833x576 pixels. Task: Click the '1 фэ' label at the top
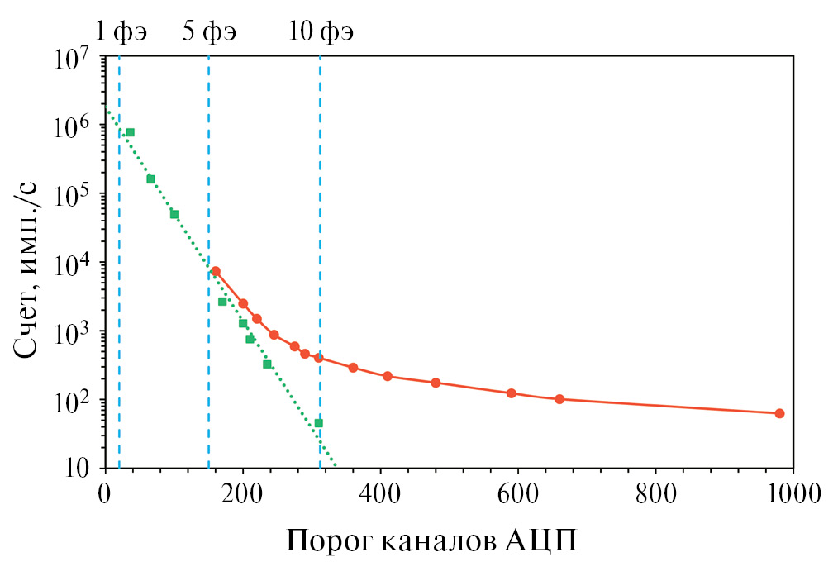click(121, 32)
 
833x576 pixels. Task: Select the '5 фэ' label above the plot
click(209, 32)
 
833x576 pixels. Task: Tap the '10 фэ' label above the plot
click(321, 32)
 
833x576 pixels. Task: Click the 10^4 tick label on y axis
click(75, 265)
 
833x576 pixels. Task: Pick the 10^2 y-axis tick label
click(75, 402)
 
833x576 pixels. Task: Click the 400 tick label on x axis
click(380, 496)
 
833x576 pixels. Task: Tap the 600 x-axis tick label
click(518, 496)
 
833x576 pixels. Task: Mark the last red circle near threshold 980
click(779, 413)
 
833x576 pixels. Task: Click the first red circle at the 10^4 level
click(215, 271)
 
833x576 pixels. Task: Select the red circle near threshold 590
click(511, 393)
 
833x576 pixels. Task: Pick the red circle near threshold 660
click(559, 399)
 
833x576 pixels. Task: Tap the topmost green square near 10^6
click(130, 132)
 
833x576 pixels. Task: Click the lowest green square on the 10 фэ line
click(318, 423)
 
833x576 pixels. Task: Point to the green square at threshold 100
click(174, 214)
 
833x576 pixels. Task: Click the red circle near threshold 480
click(436, 383)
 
